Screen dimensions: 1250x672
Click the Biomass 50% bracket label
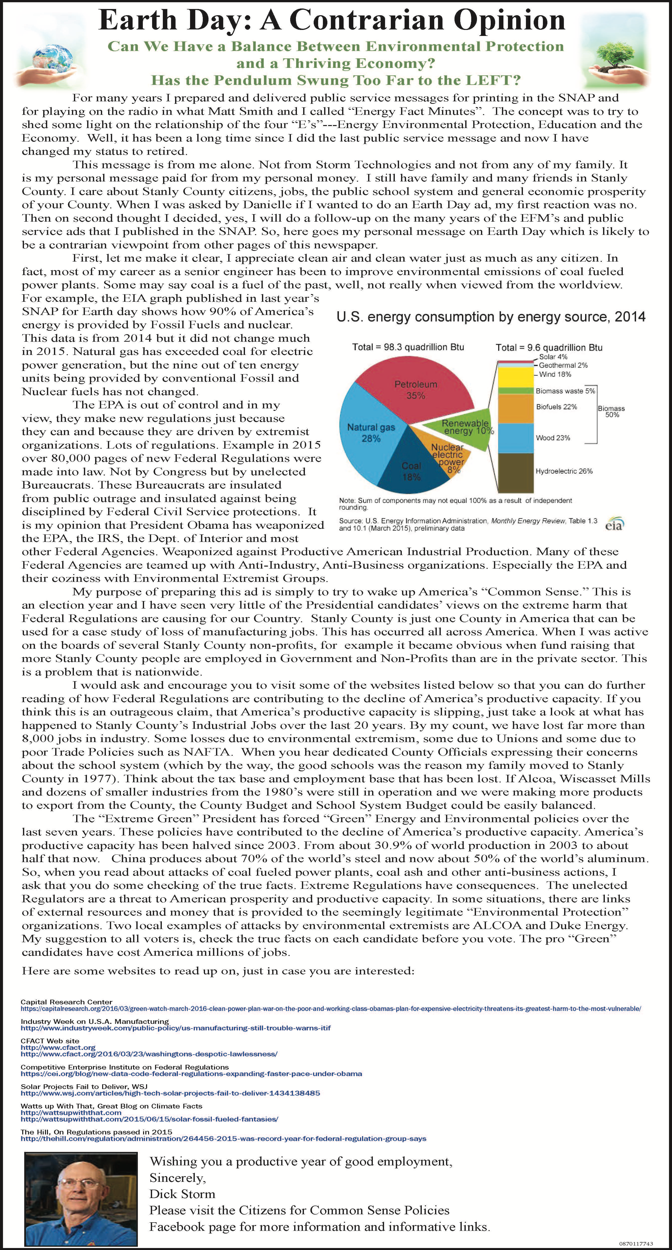(x=611, y=412)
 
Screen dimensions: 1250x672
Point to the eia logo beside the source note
(x=614, y=524)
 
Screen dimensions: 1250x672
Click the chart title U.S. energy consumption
(x=490, y=317)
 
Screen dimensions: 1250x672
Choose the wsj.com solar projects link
(x=170, y=1093)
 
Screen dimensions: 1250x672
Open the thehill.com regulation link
(x=223, y=1138)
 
